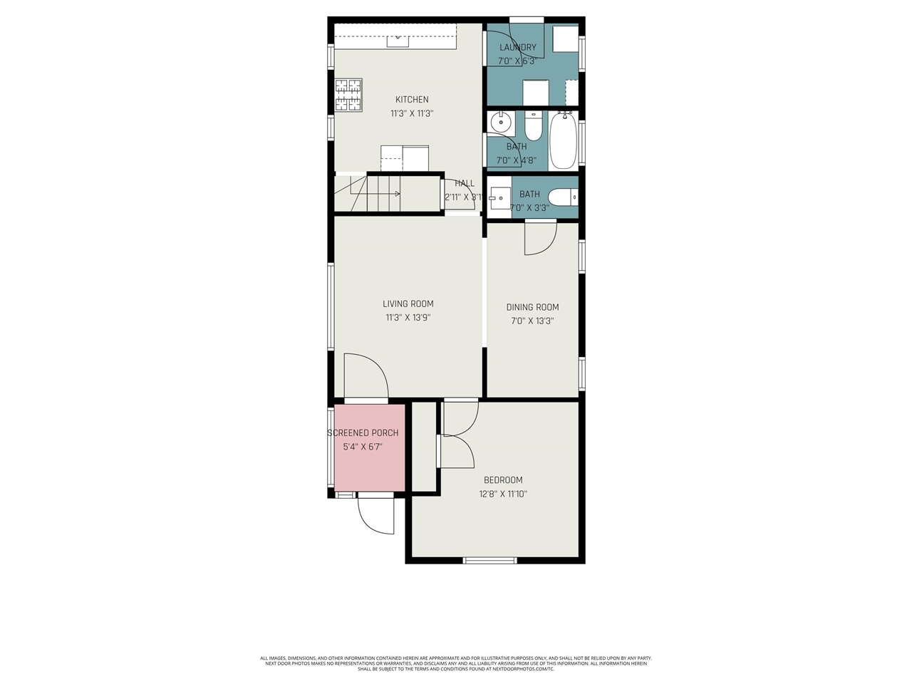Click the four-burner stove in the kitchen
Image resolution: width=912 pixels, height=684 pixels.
(x=349, y=95)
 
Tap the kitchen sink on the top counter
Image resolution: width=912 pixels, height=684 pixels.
(x=397, y=41)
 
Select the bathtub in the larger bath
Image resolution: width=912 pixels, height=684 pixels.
(x=563, y=140)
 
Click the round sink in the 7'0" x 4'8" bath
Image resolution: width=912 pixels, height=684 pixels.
(x=501, y=123)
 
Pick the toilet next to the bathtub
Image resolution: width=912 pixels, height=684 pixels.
(x=533, y=126)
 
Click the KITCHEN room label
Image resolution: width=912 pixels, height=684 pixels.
(x=412, y=100)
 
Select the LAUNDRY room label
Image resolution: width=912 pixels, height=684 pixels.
(x=517, y=48)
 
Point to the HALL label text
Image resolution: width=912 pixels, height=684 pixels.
(x=465, y=184)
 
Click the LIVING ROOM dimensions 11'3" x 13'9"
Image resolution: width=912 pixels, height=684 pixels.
(x=408, y=318)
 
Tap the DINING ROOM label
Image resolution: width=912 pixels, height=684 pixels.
(x=532, y=307)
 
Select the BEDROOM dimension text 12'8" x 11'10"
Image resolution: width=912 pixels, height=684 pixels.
(x=503, y=494)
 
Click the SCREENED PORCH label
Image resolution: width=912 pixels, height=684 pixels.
(x=363, y=433)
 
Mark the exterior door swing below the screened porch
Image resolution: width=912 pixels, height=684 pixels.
(x=375, y=514)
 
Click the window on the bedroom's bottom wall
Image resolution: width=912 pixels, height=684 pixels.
(x=490, y=560)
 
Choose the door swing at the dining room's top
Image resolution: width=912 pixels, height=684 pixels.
(x=540, y=238)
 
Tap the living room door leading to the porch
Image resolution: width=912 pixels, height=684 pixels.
(x=366, y=376)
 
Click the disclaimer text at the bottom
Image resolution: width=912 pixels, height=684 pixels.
(x=456, y=663)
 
